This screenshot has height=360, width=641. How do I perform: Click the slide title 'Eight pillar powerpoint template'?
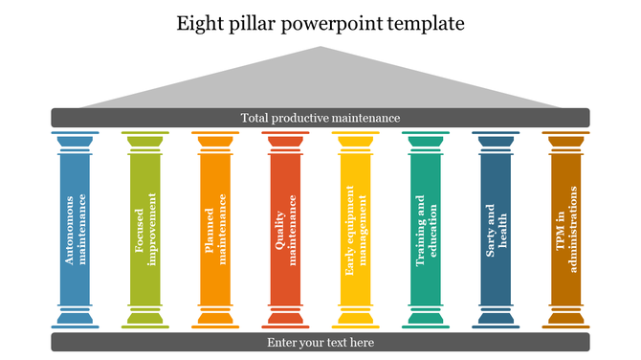click(x=320, y=23)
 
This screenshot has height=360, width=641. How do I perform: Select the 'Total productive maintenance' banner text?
click(x=320, y=118)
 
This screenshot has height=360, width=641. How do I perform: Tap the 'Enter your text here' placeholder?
click(x=320, y=342)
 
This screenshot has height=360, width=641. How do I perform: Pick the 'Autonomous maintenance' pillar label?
click(x=76, y=230)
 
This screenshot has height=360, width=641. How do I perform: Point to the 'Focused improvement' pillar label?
click(x=145, y=230)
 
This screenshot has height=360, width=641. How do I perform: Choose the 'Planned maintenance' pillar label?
click(x=215, y=230)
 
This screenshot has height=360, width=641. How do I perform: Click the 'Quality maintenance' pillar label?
click(x=286, y=230)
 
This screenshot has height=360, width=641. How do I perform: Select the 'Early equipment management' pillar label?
click(x=356, y=230)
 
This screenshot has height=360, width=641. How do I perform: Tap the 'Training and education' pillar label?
click(x=426, y=230)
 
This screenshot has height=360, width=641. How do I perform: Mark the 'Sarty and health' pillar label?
click(x=496, y=230)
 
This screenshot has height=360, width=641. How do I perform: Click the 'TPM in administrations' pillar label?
click(x=566, y=230)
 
